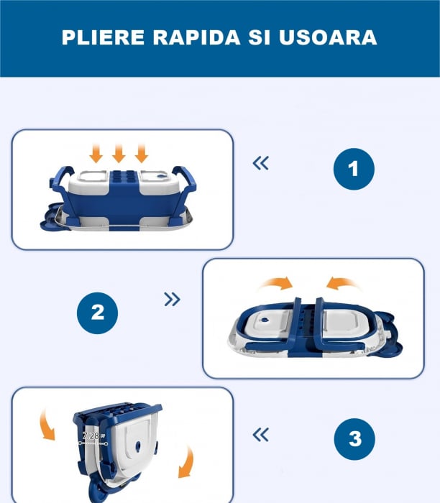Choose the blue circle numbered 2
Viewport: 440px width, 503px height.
(97, 313)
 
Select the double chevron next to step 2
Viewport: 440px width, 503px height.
(173, 299)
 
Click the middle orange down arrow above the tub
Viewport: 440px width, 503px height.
(119, 152)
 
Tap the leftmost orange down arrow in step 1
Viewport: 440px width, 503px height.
(97, 152)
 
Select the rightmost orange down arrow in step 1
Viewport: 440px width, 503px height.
(141, 152)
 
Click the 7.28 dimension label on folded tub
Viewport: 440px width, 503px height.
(91, 436)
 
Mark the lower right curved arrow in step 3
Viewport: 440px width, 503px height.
(188, 460)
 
